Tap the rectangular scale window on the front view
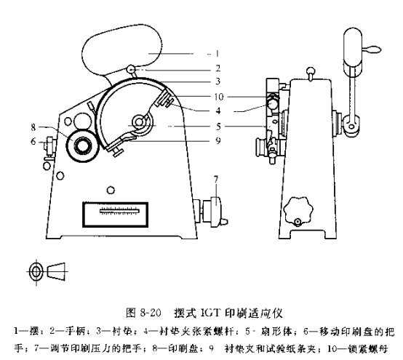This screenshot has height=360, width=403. pyautogui.click(x=117, y=215)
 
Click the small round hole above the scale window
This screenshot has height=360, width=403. pyautogui.click(x=110, y=191)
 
